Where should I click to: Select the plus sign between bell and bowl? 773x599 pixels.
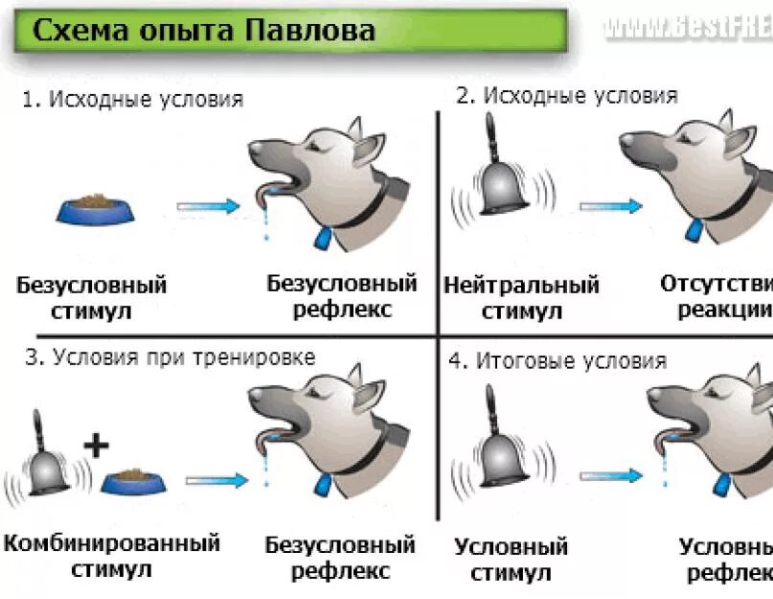(97, 444)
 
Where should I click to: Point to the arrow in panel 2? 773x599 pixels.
(609, 205)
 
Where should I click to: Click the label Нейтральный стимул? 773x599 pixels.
(522, 298)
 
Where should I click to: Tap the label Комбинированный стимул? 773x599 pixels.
(111, 557)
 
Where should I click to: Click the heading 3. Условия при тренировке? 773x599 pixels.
(170, 358)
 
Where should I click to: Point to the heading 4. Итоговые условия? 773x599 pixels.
(557, 361)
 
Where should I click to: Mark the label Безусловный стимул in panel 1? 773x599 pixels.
(92, 298)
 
